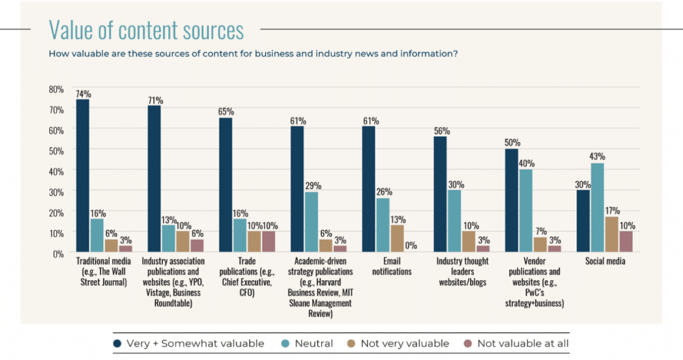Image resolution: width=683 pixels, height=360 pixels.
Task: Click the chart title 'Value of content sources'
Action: (146, 30)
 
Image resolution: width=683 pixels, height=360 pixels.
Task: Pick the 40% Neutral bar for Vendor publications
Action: (525, 211)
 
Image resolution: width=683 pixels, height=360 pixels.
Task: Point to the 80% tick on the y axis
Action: (56, 89)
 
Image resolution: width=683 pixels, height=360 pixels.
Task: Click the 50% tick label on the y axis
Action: (56, 151)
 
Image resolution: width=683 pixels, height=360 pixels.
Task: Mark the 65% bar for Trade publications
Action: (226, 185)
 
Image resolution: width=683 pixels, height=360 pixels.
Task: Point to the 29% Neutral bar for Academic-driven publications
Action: (311, 222)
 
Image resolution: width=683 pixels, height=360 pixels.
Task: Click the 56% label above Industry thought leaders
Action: (441, 132)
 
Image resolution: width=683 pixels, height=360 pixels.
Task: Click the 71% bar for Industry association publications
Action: (154, 179)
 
